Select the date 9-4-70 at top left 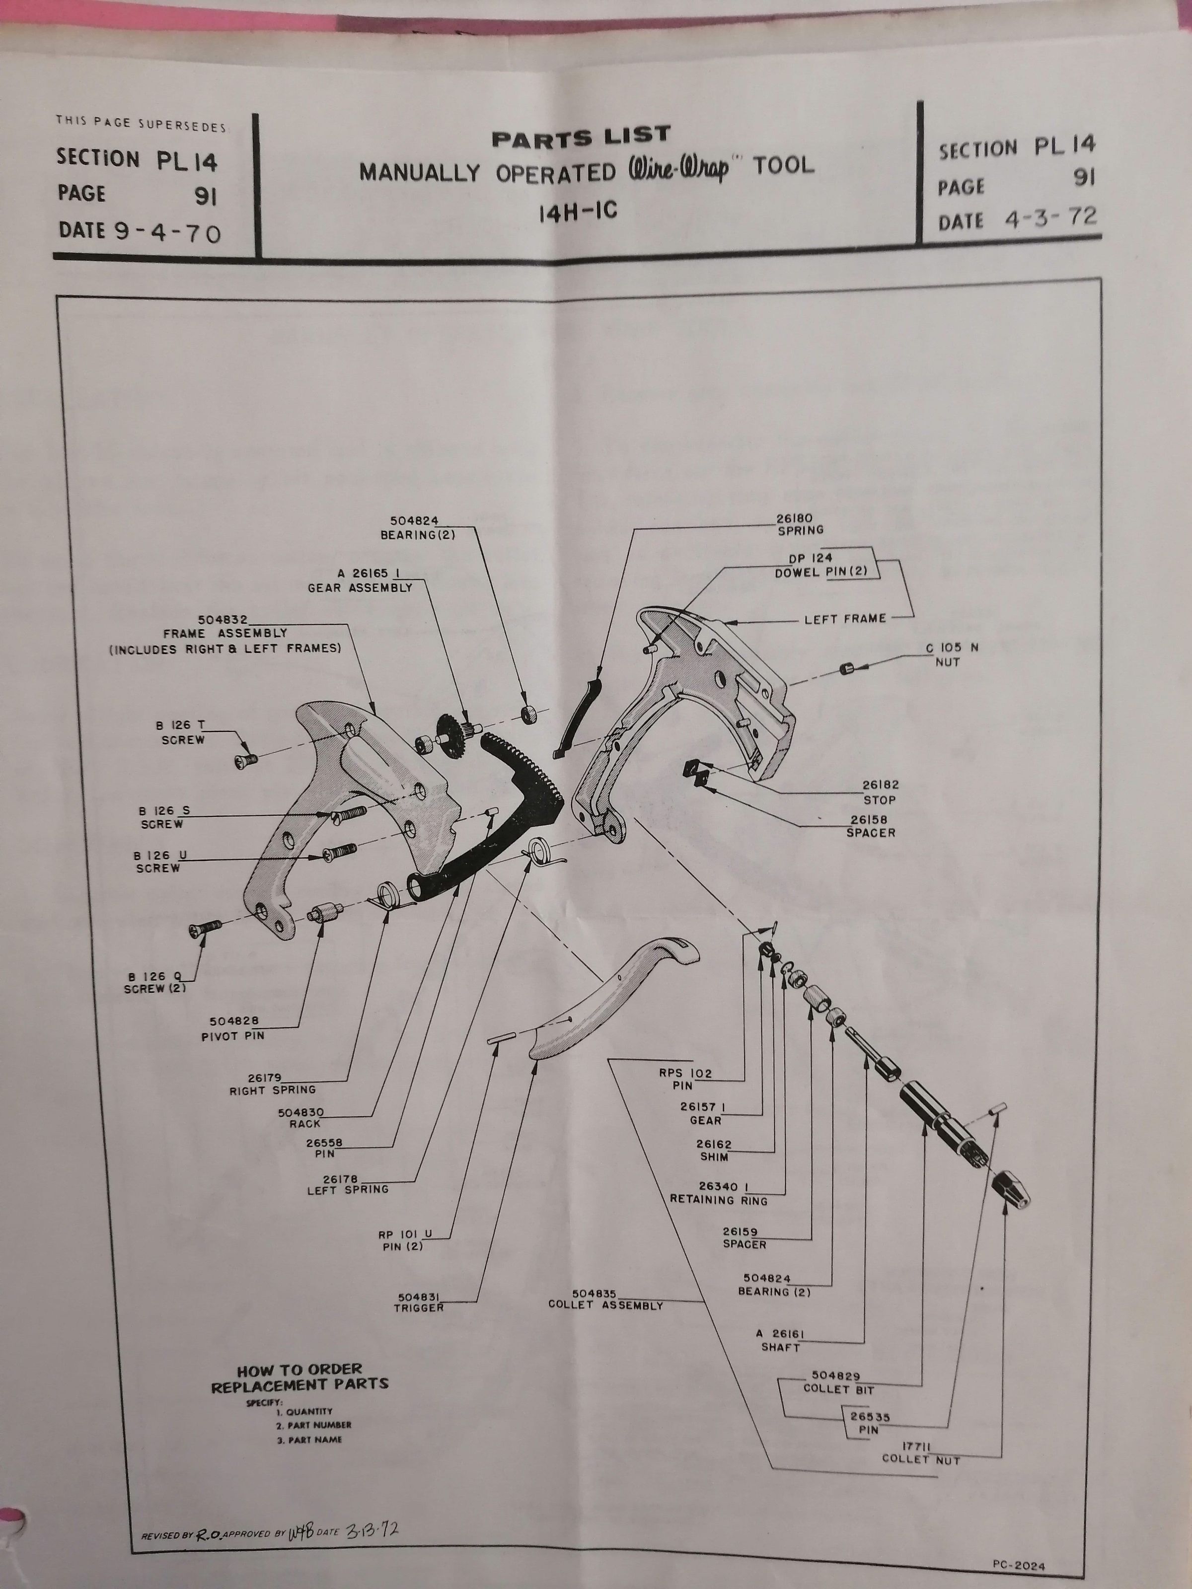click(167, 231)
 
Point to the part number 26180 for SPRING click(799, 518)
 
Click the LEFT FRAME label click(845, 619)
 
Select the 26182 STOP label click(880, 793)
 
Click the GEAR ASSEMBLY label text click(360, 587)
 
